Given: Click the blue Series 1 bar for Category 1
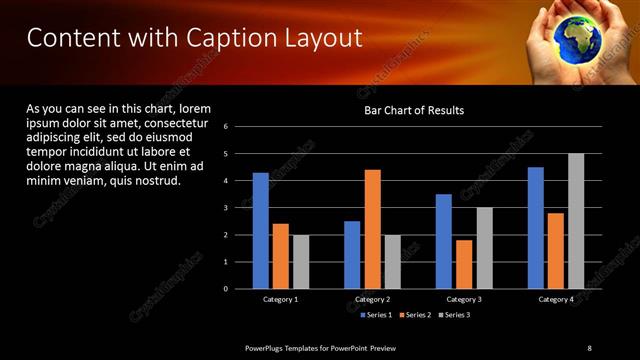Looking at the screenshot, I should pos(260,230).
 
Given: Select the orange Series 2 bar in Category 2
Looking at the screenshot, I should pos(372,229).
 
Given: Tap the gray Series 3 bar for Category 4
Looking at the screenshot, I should pos(576,221).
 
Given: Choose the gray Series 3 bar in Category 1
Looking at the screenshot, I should pos(301,262).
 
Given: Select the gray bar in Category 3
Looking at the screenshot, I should pos(484,248).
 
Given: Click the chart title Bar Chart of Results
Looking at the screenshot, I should pos(413,110).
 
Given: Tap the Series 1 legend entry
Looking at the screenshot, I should pos(374,315).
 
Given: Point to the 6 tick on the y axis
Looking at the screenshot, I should pos(226,127).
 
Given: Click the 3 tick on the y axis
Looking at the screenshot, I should pos(226,208).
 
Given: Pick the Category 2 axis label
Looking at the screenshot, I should pos(372,299).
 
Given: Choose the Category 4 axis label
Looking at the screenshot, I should pos(556,299).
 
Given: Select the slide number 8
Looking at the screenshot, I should pos(589,347).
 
